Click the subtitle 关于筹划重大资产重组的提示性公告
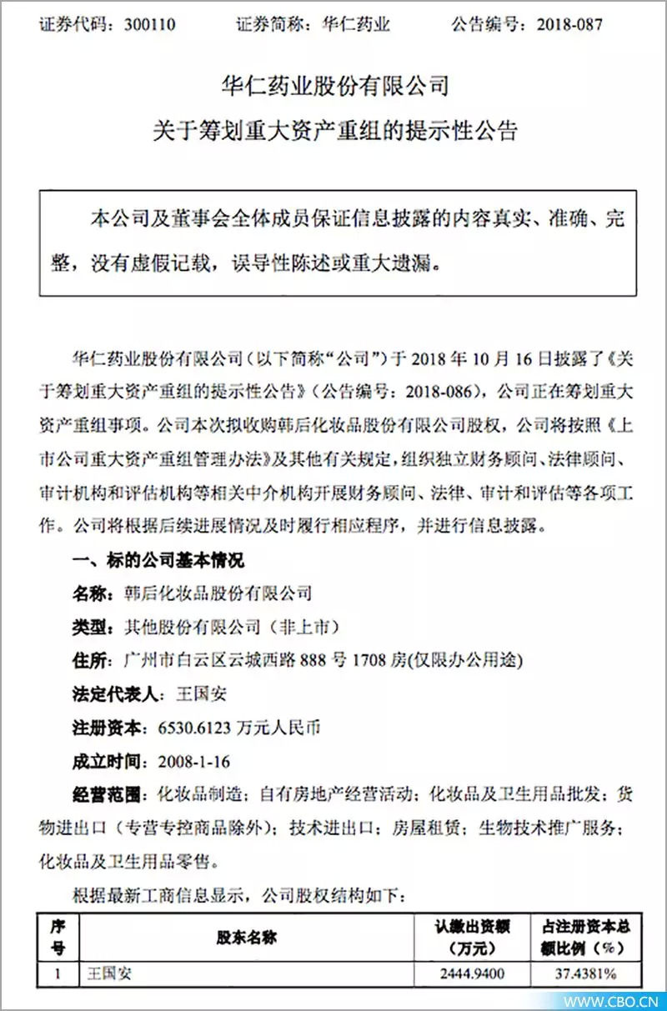coord(333,131)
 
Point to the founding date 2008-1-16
coord(188,761)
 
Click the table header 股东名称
coord(247,937)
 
